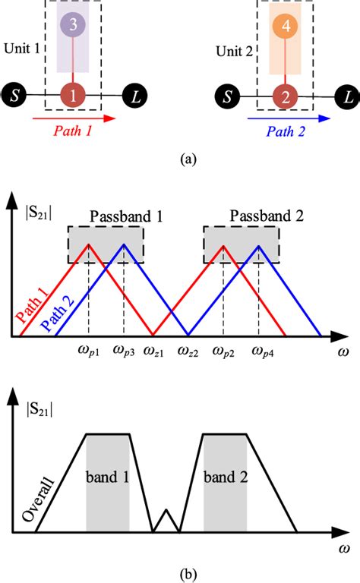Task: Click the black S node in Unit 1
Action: pyautogui.click(x=14, y=95)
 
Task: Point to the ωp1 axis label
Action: pyautogui.click(x=88, y=351)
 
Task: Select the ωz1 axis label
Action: pyautogui.click(x=155, y=351)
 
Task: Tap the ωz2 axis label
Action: pyautogui.click(x=188, y=351)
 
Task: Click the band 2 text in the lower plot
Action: pyautogui.click(x=226, y=481)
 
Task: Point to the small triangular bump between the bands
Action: pyautogui.click(x=167, y=521)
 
